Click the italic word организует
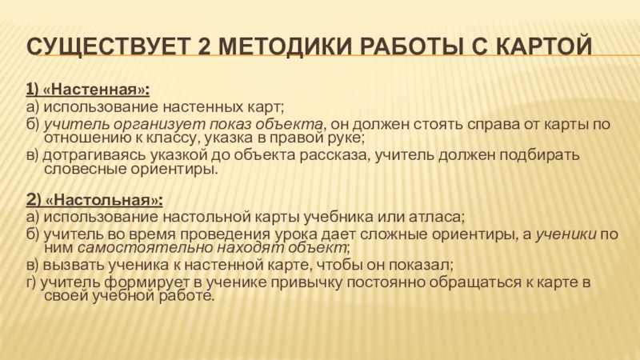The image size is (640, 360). [x=148, y=123]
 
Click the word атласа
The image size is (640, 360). [x=439, y=216]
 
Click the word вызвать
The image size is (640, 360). [x=66, y=264]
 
